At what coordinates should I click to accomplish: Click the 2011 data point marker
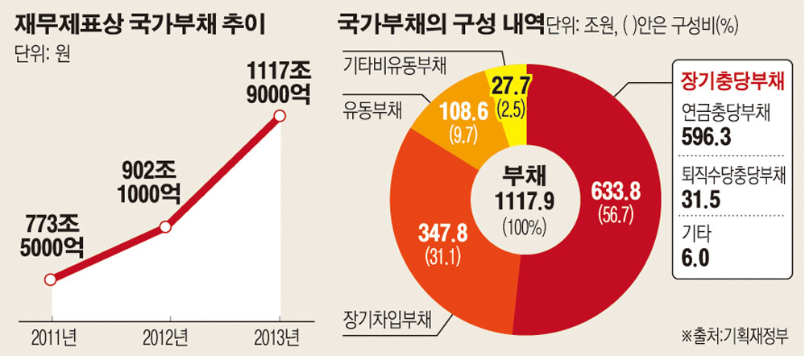[50, 280]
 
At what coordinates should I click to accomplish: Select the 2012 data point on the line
[166, 227]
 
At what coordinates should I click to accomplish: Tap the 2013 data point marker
[280, 117]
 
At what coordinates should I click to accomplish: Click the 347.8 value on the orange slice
[442, 234]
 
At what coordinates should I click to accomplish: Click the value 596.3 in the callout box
[706, 137]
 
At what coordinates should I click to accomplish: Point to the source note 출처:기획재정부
[737, 333]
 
